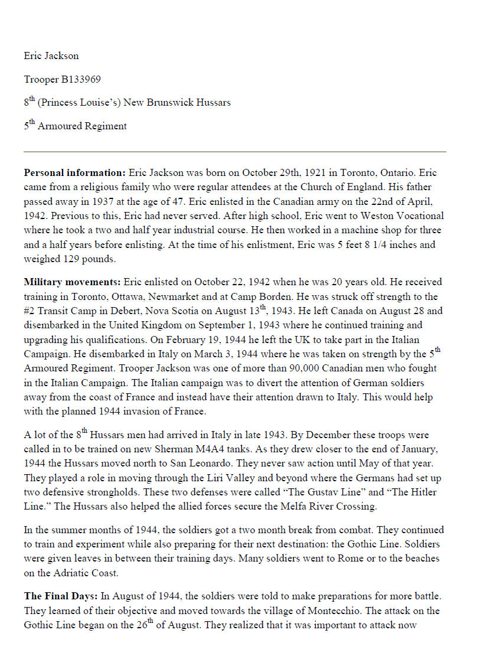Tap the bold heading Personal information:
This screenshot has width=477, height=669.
click(74, 174)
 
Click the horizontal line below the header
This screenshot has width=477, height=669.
click(234, 152)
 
